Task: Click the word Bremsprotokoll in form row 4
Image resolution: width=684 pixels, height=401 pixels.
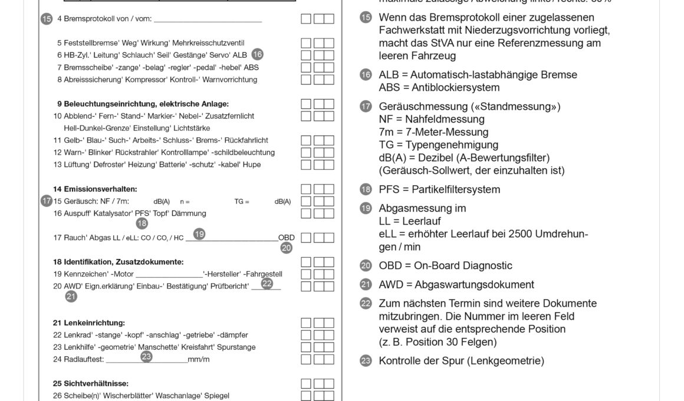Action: [85, 19]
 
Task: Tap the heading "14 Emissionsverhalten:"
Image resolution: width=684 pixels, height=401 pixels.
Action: [94, 189]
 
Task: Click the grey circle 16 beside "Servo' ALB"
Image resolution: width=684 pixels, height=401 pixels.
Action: [257, 54]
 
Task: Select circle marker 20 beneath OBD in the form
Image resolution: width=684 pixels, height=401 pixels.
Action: [287, 248]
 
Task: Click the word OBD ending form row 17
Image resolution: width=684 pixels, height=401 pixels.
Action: [287, 238]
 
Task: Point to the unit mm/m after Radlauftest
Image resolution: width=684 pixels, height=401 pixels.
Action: [199, 359]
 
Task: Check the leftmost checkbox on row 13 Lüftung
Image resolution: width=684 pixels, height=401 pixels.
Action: [306, 165]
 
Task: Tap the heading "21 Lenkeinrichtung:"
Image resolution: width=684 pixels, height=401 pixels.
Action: [88, 323]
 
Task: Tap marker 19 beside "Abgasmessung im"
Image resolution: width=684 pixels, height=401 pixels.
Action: [366, 208]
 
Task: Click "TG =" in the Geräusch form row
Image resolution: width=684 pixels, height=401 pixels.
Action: [242, 202]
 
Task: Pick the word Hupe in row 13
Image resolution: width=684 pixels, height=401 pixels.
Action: [252, 165]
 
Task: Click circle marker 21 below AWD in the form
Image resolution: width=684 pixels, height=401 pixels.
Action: [71, 297]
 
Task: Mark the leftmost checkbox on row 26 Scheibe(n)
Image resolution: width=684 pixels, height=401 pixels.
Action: [306, 396]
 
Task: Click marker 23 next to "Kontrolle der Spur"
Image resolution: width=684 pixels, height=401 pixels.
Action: [366, 361]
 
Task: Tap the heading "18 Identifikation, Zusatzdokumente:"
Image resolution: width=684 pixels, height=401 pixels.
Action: [118, 261]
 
